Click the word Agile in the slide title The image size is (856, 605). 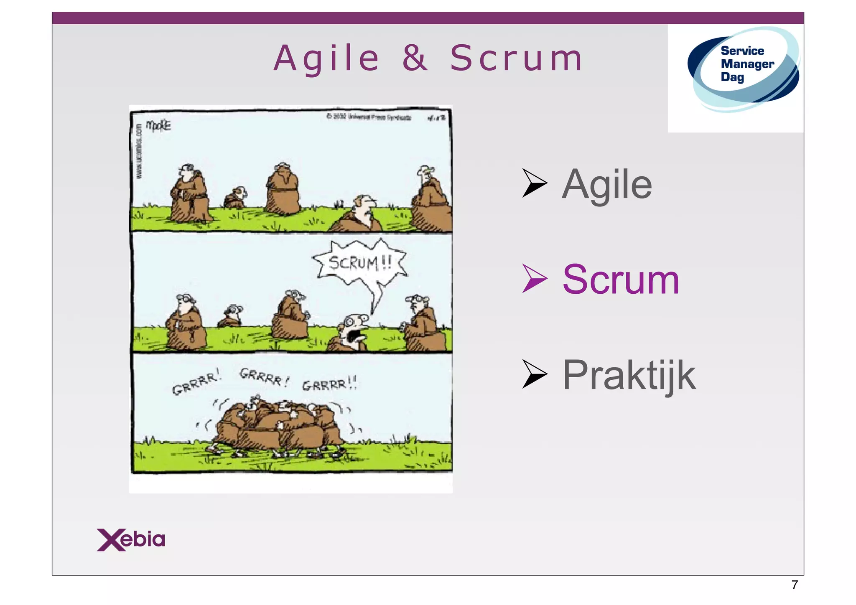click(326, 59)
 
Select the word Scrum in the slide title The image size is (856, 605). click(516, 58)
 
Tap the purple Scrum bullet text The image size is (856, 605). click(621, 280)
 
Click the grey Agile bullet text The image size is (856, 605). click(607, 185)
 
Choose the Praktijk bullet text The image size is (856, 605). click(629, 375)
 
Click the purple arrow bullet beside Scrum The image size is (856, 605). click(535, 278)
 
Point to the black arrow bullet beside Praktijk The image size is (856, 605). click(535, 374)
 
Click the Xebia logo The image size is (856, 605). click(131, 539)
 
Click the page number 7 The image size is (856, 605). click(795, 585)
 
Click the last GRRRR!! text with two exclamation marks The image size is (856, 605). click(329, 384)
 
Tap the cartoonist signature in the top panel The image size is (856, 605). click(158, 125)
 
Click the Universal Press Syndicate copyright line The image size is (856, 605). click(369, 117)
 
